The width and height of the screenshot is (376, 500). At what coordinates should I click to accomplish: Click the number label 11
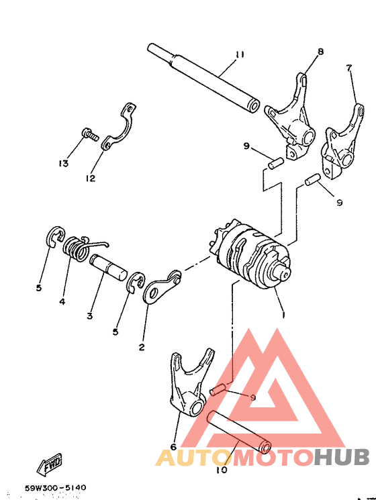pyautogui.click(x=240, y=55)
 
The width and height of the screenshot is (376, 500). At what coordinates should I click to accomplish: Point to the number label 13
pyautogui.click(x=64, y=164)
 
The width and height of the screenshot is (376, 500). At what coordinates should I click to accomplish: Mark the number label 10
pyautogui.click(x=222, y=469)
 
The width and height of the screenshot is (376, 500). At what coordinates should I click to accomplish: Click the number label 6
pyautogui.click(x=173, y=446)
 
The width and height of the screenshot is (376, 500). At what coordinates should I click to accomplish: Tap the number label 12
pyautogui.click(x=90, y=178)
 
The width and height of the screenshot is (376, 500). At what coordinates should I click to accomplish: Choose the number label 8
pyautogui.click(x=320, y=51)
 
